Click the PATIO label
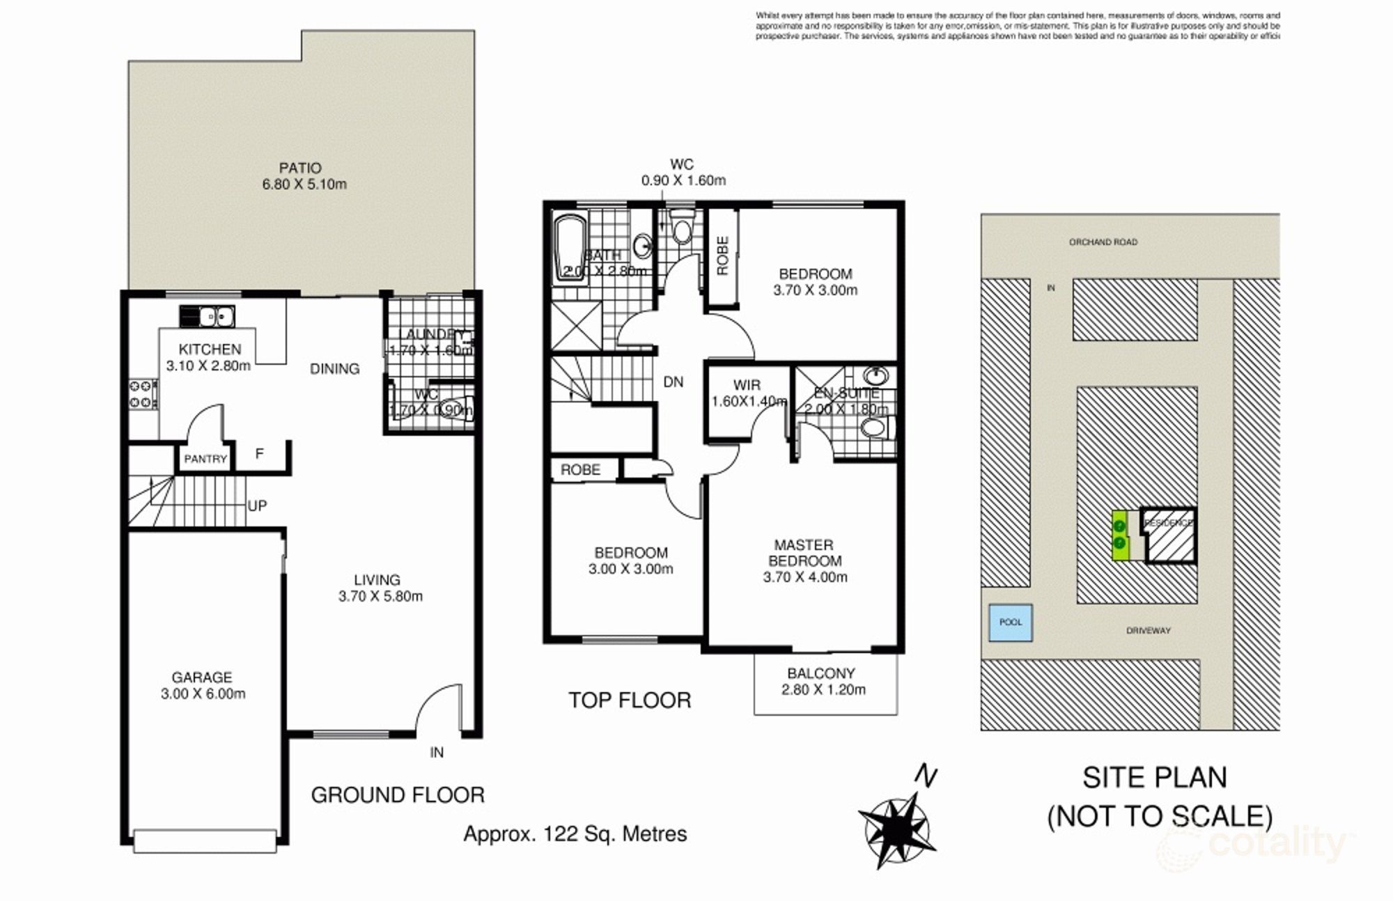coord(300,168)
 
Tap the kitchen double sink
coord(208,317)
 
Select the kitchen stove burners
coord(141,393)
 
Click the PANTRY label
coord(205,459)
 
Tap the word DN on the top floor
coord(673,382)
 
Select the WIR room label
coord(747,385)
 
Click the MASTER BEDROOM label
coord(804,553)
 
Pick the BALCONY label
coord(820,673)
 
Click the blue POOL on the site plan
coord(1011,622)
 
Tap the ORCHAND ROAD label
coord(1103,242)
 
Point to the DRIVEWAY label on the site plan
coord(1149,631)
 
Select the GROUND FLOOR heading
coord(397,794)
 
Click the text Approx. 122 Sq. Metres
coord(575,833)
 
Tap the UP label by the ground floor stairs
coord(257,506)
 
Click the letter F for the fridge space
coord(260,454)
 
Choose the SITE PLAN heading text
coord(1154,778)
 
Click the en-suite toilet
coord(876,427)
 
